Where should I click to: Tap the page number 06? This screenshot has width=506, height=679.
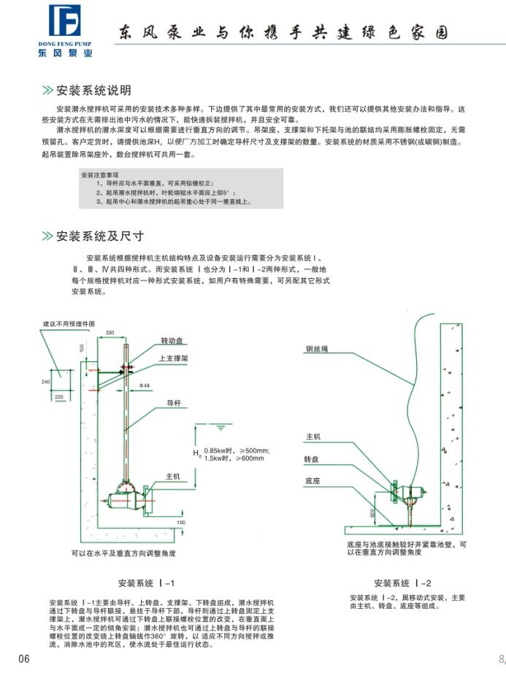24,659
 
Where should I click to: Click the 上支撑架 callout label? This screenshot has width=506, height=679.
175,359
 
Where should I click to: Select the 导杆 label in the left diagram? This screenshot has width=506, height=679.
173,402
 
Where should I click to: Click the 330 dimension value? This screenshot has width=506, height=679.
110,333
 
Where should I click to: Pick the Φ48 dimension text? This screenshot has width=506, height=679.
166,385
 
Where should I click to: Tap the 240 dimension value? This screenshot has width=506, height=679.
45,382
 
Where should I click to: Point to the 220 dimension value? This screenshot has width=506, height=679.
59,396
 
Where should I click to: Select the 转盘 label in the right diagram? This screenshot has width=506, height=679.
312,460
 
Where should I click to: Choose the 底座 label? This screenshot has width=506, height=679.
312,481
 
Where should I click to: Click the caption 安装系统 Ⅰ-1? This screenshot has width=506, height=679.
147,583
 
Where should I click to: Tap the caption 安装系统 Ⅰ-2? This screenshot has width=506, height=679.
402,583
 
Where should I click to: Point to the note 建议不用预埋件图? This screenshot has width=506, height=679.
68,323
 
